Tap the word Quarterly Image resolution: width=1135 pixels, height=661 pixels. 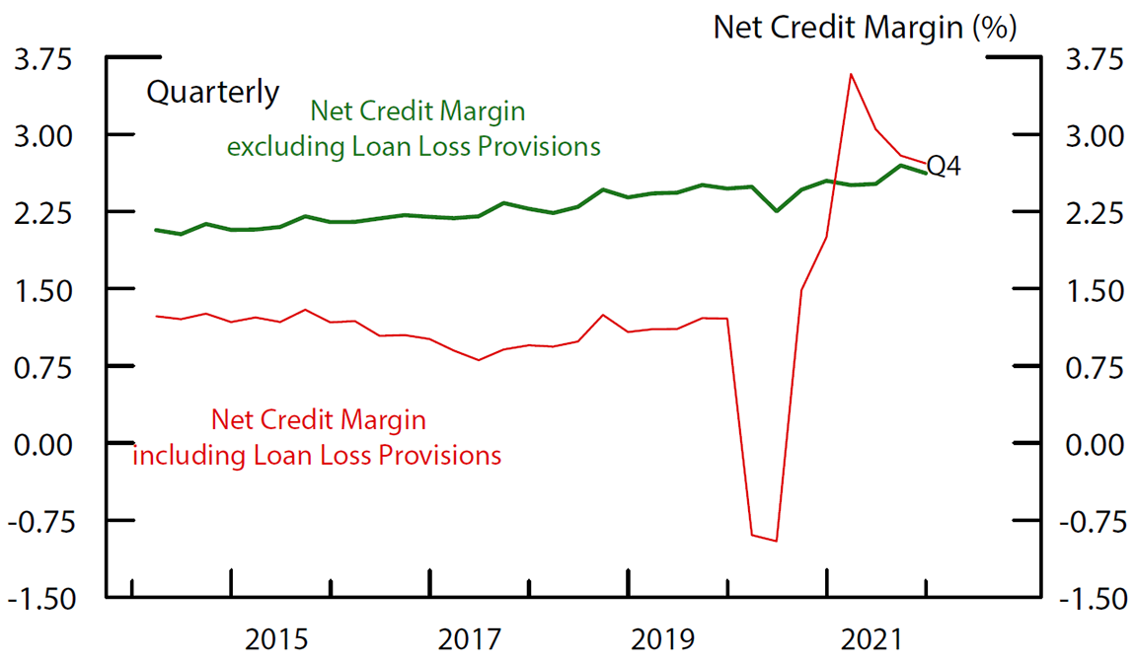pyautogui.click(x=212, y=93)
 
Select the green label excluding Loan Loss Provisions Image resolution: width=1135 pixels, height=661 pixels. pyautogui.click(x=414, y=147)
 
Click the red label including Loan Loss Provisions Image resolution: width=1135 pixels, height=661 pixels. pyautogui.click(x=317, y=456)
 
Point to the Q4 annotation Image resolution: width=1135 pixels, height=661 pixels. pyautogui.click(x=944, y=167)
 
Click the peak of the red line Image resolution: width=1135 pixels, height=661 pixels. pyautogui.click(x=851, y=74)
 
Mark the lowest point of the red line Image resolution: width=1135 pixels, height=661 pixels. pyautogui.click(x=777, y=541)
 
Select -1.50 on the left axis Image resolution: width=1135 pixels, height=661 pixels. pyautogui.click(x=38, y=599)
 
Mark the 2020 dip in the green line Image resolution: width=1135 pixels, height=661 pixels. pyautogui.click(x=777, y=210)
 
